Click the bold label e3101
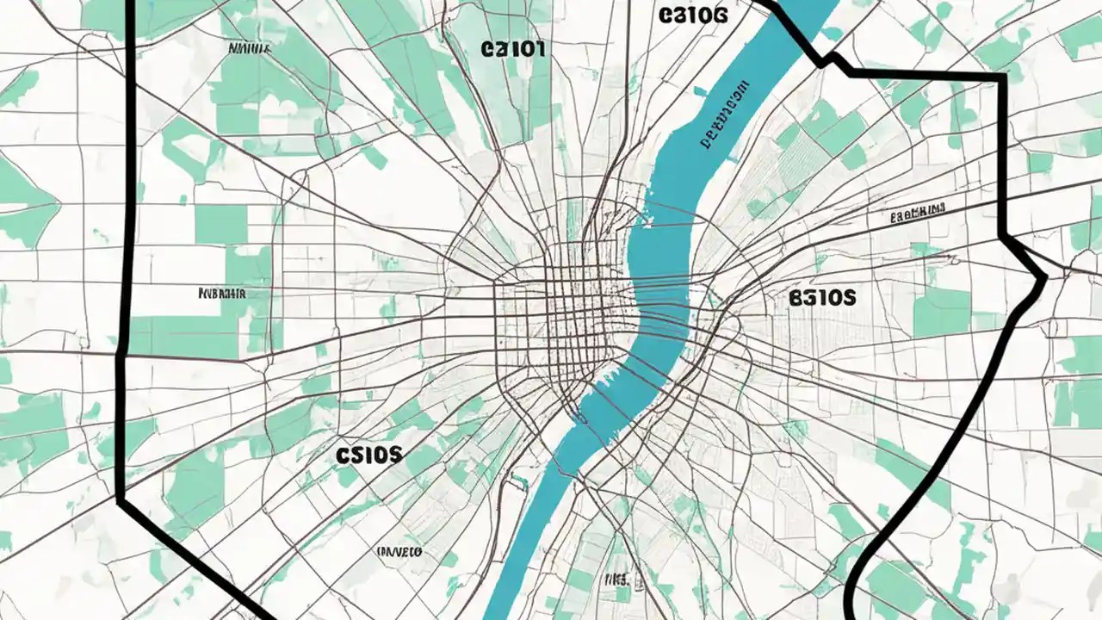[x=513, y=50]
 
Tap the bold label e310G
[x=692, y=15]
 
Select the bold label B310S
[x=821, y=298]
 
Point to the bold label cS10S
[x=369, y=455]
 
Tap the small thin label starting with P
[x=222, y=293]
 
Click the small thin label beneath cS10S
[x=399, y=551]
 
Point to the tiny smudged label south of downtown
[x=617, y=579]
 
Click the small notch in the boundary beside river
[x=828, y=60]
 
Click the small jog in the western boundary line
[x=121, y=353]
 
